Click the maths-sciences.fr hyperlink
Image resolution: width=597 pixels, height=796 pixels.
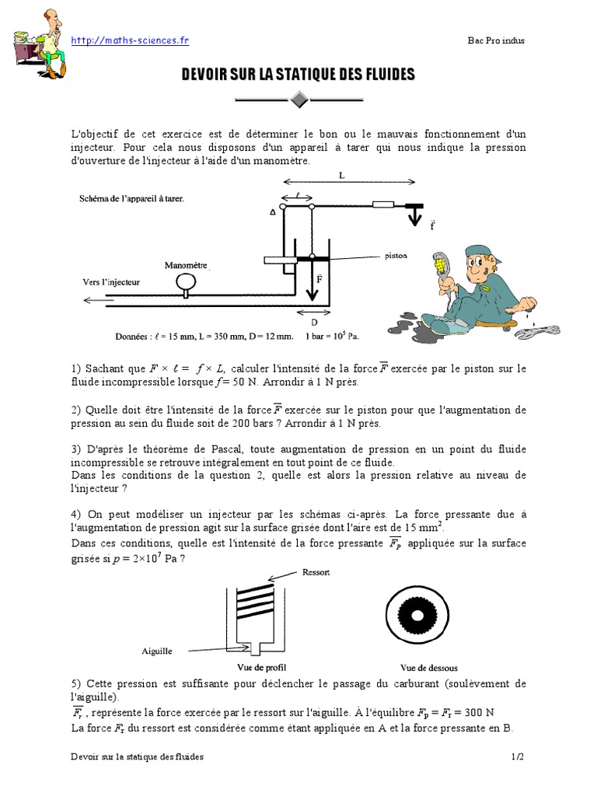click(130, 40)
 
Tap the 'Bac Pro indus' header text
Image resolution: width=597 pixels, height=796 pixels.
click(496, 41)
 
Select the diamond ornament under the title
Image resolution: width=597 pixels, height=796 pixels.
click(298, 99)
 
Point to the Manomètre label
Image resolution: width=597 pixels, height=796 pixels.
click(186, 265)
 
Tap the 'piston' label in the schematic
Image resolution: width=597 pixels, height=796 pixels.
click(396, 254)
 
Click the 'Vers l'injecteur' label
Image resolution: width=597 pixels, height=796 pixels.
click(111, 281)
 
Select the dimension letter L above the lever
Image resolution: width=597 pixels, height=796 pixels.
click(341, 176)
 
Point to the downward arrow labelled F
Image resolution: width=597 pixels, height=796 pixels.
click(311, 281)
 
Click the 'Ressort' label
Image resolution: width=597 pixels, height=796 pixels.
click(318, 571)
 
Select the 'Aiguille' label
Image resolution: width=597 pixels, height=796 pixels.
click(157, 651)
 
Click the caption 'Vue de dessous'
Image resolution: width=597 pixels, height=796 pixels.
click(428, 667)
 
